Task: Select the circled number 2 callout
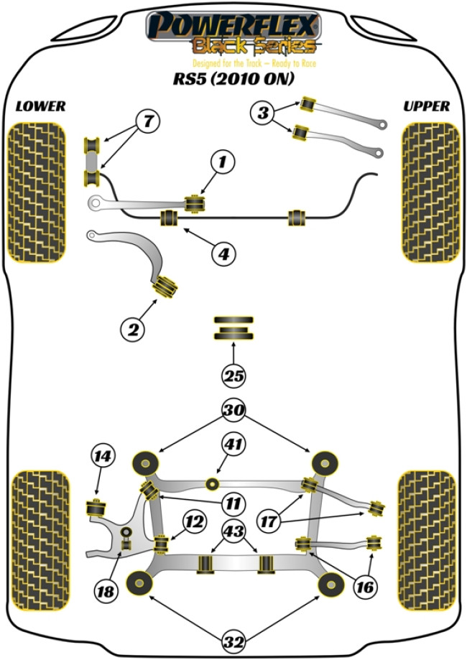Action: click(133, 329)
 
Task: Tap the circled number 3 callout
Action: click(263, 112)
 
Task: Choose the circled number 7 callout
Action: click(147, 122)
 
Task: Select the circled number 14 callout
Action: click(103, 455)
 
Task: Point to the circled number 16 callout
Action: click(365, 587)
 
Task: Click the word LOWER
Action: click(40, 106)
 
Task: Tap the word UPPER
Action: click(427, 106)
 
